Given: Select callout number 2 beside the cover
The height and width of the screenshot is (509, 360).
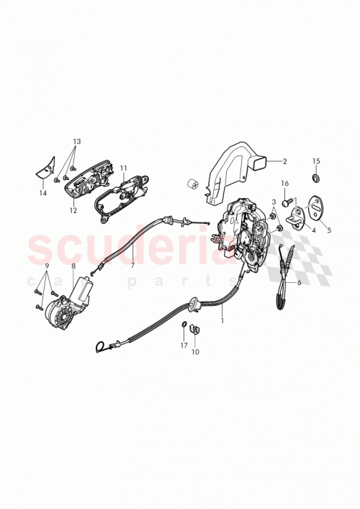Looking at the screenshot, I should [284, 162].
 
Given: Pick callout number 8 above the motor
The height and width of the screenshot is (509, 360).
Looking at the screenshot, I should [73, 266].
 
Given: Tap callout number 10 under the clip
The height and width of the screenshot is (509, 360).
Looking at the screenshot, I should [194, 353].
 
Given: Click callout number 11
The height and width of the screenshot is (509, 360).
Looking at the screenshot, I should [123, 168].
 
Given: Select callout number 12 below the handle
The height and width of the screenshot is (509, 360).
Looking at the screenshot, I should [73, 212].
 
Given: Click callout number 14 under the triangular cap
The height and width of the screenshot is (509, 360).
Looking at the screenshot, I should [43, 194].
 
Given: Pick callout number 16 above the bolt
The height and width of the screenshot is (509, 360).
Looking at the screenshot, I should [284, 184].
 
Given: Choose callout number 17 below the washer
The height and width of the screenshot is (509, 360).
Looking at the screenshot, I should [184, 346].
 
